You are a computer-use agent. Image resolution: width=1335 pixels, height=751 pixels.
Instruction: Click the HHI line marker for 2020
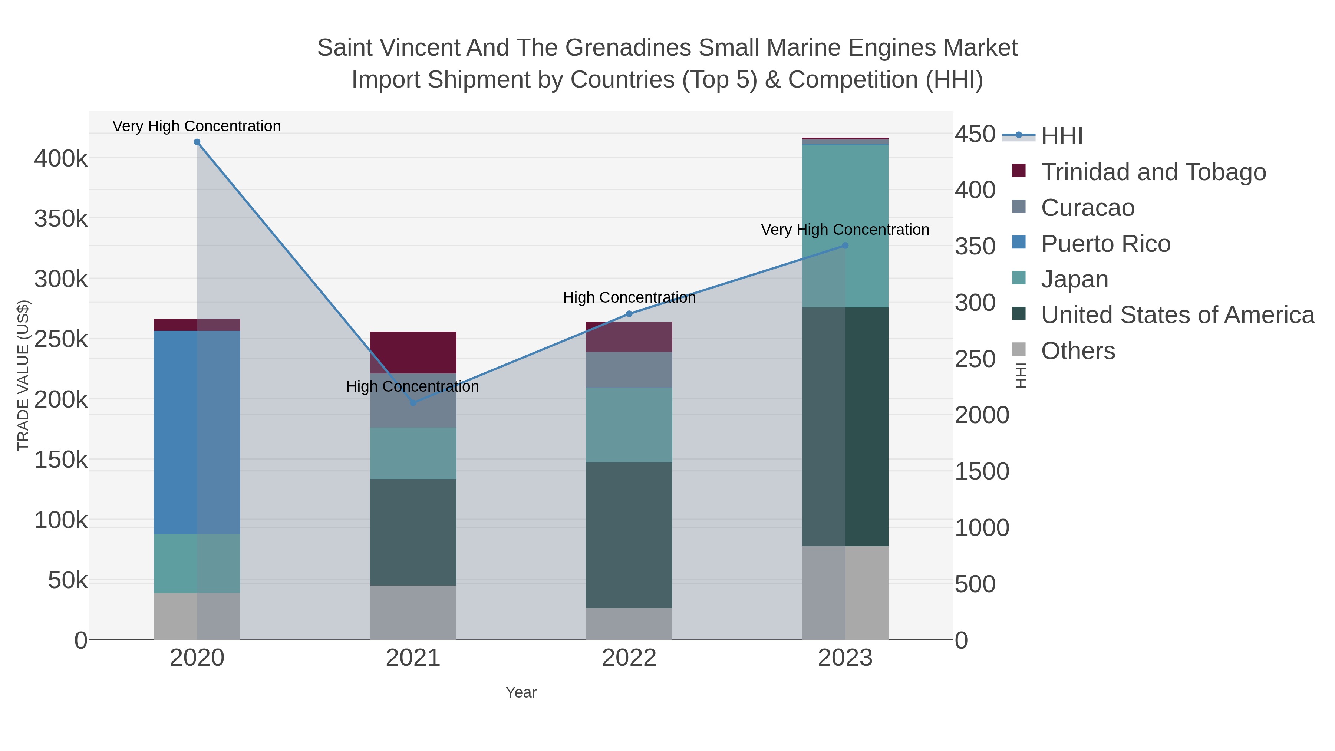point(197,142)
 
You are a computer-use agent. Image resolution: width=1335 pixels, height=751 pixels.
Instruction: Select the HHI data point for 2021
point(413,403)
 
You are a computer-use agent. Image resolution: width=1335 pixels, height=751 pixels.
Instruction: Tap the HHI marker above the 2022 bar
point(629,313)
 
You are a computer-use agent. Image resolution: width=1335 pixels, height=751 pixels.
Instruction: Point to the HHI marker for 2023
point(845,246)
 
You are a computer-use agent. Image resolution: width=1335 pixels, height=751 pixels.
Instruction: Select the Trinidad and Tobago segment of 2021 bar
point(413,352)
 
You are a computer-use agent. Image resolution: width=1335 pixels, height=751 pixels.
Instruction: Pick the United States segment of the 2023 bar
point(845,426)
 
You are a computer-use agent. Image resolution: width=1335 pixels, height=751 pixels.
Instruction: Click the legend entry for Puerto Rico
point(1105,244)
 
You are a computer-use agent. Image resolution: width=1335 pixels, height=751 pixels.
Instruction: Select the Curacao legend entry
point(1087,208)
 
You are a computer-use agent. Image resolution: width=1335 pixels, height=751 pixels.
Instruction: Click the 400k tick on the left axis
point(61,159)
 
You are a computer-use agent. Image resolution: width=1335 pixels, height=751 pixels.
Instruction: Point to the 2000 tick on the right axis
point(982,415)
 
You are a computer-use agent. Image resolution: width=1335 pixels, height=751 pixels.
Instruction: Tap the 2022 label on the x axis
point(629,658)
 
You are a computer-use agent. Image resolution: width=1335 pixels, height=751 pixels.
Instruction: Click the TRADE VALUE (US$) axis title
point(23,375)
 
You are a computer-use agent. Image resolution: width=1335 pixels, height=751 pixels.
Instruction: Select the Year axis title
point(521,692)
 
